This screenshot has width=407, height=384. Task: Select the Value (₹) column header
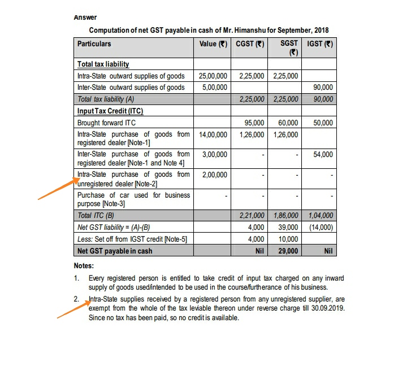pos(213,43)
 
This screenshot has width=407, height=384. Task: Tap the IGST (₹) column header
pos(319,43)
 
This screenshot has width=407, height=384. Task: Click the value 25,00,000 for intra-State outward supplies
pos(213,76)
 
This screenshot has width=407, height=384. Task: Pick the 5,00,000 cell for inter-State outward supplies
pos(215,88)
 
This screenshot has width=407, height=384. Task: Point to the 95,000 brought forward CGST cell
pos(254,123)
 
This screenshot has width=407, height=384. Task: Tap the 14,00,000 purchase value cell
pos(213,134)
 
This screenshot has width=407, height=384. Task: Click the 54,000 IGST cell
pos(323,154)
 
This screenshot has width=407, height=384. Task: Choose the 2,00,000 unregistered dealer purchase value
pos(215,174)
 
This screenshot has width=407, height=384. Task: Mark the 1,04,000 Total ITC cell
pos(320,215)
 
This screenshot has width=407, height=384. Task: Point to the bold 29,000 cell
pos(288,251)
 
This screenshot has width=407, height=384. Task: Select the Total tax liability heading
pos(103,64)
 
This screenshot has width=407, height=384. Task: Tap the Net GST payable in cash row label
pos(115,251)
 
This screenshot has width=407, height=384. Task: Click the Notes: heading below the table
pos(84,265)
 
